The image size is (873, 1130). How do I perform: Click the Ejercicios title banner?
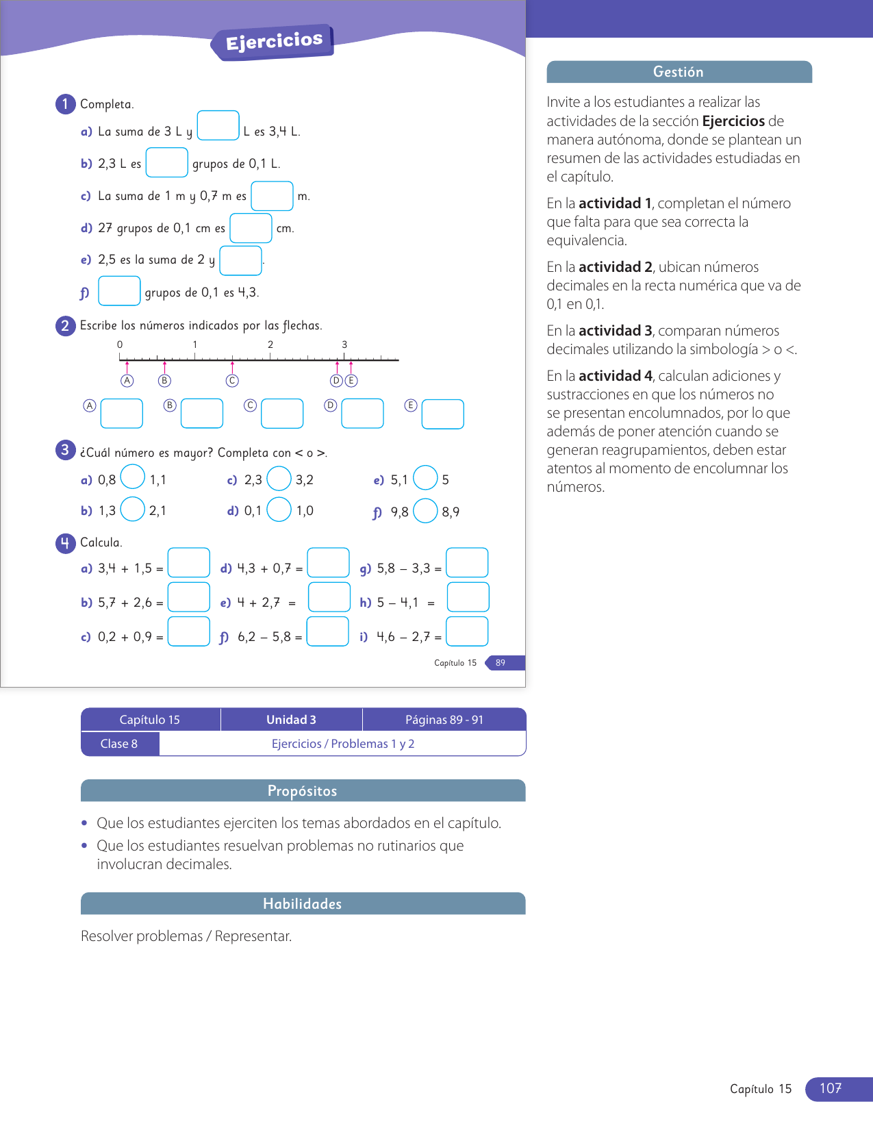274,42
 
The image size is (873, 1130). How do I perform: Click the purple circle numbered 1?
65,103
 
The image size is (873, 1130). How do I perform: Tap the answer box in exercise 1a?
218,125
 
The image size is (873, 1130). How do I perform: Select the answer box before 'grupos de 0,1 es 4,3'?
119,290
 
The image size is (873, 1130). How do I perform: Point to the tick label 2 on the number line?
270,344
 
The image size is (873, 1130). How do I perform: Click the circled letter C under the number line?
232,381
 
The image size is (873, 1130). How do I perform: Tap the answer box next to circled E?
442,414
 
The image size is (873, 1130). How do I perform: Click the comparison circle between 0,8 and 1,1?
133,477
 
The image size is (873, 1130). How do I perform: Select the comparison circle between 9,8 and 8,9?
425,510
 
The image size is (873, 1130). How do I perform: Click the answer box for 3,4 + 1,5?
188,563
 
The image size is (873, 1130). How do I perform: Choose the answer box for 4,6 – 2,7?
467,631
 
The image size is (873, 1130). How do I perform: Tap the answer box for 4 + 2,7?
329,597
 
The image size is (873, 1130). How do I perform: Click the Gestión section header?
679,72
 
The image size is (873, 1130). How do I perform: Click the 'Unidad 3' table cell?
291,720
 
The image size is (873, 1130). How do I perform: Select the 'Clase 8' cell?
119,744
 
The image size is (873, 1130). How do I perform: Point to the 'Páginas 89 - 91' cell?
444,720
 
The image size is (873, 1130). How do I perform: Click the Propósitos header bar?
303,791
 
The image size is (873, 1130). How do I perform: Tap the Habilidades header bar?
303,904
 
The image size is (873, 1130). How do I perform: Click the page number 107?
831,1088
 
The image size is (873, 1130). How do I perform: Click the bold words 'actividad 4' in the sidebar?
615,376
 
